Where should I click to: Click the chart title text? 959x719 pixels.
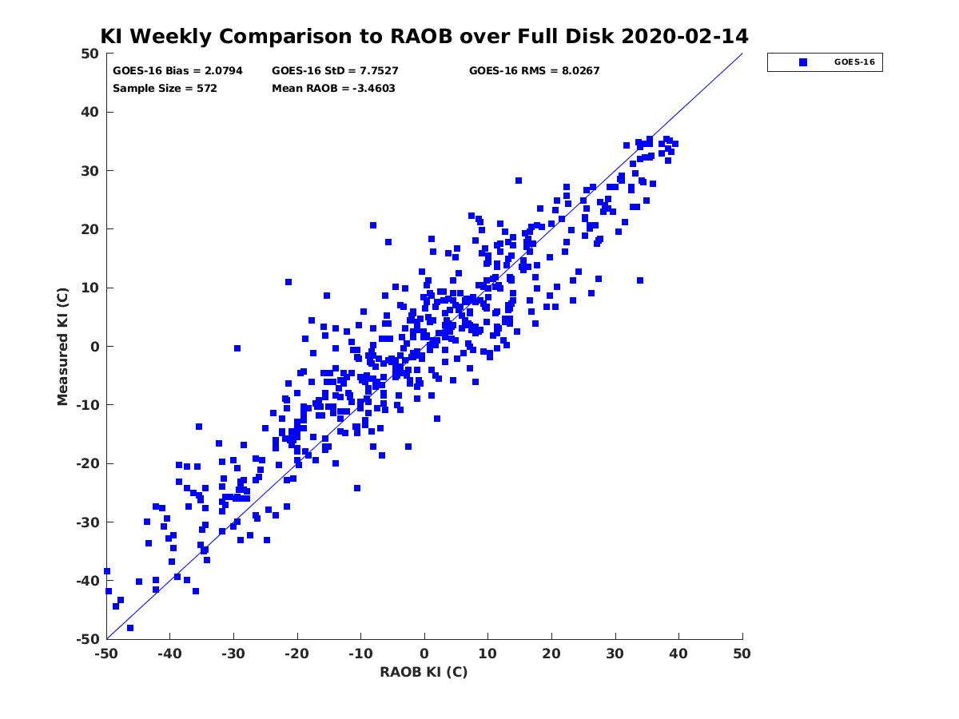[x=424, y=37]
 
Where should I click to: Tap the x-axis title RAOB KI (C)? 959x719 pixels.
[x=424, y=672]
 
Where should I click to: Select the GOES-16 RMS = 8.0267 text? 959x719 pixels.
[x=534, y=70]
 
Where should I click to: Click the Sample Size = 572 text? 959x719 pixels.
[x=165, y=88]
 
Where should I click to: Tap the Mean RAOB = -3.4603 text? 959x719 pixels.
[x=333, y=88]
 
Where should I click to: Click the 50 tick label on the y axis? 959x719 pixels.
[x=90, y=54]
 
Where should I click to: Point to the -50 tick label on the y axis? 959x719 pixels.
[x=87, y=639]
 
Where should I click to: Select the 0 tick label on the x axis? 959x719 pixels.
[x=424, y=653]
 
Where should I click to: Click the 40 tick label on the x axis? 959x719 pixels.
[x=678, y=653]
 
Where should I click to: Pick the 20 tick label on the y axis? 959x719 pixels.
[x=90, y=229]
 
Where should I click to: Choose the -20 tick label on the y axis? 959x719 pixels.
[x=87, y=463]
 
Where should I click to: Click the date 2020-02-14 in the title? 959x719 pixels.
[x=684, y=37]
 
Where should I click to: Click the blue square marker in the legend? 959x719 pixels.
[x=803, y=62]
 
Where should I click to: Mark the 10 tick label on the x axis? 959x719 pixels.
[x=487, y=653]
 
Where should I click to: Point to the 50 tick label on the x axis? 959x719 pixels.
[x=742, y=653]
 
